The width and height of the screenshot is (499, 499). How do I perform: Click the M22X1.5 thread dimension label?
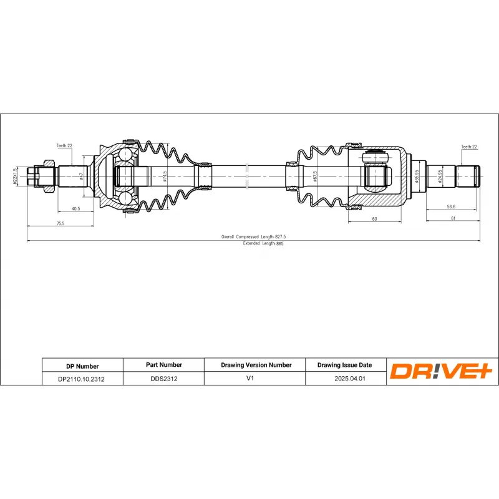coord(16,177)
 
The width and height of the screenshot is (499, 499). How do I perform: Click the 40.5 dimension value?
coord(75,209)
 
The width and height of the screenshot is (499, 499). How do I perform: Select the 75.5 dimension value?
coord(60,223)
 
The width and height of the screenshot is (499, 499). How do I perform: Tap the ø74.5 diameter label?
coord(164,177)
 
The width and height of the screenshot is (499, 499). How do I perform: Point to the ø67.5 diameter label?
coord(316,177)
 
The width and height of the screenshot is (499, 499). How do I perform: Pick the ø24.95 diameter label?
coord(440,177)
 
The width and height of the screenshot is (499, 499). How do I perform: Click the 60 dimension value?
coord(374,219)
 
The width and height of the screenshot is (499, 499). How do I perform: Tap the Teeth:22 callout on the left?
coord(64,146)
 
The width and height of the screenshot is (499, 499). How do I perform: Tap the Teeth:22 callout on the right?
coord(469,147)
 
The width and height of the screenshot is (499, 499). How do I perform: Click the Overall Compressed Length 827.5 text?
coord(258,237)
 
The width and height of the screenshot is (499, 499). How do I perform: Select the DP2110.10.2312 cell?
coord(82,379)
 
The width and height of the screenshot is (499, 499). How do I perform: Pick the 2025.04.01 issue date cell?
coord(344,378)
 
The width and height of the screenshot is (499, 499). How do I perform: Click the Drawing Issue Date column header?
coord(344,365)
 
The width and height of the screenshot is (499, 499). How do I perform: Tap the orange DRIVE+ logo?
coord(442,372)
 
